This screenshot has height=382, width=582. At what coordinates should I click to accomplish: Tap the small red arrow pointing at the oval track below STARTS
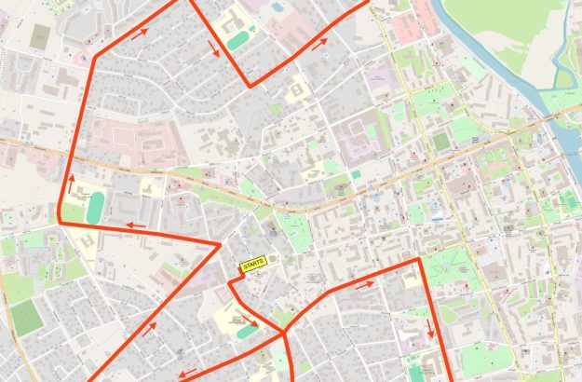[246, 319]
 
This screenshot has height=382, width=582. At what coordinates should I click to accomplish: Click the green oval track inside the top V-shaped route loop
[237, 39]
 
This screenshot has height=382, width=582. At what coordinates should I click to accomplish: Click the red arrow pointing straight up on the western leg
[70, 179]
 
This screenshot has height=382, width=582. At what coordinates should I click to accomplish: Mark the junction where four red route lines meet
[284, 331]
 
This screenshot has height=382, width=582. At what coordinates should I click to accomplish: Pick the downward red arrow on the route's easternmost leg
[431, 331]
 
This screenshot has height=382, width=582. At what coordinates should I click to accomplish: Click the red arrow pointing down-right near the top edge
[214, 48]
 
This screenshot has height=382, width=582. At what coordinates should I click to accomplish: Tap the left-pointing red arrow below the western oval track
[136, 225]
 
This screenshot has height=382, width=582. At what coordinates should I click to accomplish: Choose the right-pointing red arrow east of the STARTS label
[365, 285]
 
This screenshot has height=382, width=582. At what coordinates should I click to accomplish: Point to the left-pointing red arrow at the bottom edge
[187, 373]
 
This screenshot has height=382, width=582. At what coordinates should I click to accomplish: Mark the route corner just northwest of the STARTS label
[221, 244]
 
